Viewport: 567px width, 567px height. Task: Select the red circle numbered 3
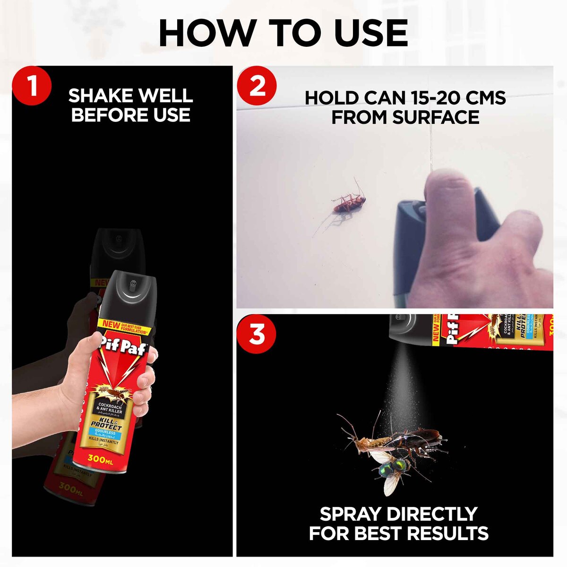click(x=257, y=334)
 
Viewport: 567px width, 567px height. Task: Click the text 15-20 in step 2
click(x=421, y=98)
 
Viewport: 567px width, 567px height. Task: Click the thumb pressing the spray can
click(x=449, y=198)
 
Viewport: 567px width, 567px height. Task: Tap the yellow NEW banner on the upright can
click(x=112, y=325)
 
